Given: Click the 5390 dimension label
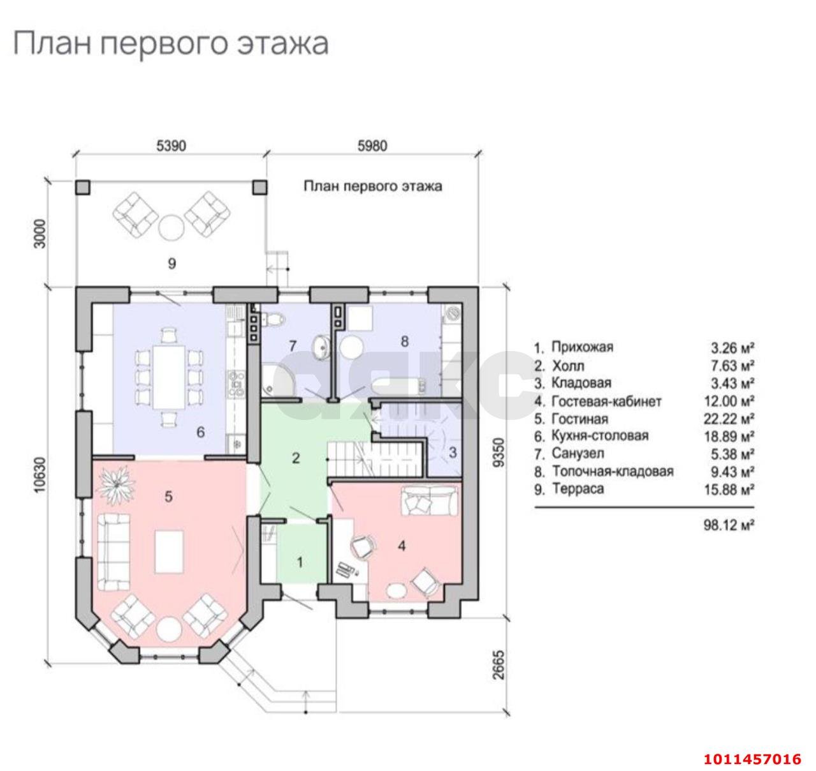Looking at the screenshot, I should click(x=171, y=146).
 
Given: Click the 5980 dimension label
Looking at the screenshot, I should click(x=372, y=146).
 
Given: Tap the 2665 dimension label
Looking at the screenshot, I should click(x=499, y=665).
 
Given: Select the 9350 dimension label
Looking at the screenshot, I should click(x=499, y=452).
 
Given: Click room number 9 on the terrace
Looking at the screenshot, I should click(x=171, y=263).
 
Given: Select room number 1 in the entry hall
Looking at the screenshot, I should click(x=300, y=562).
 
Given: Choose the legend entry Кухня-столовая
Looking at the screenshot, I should click(x=600, y=436).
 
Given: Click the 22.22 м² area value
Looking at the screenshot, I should click(x=732, y=419).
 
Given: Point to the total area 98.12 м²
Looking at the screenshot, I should click(x=727, y=525).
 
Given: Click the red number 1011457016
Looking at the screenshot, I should click(x=752, y=759).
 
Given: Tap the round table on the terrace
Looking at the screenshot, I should click(x=171, y=227).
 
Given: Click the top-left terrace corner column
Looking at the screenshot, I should click(x=84, y=186).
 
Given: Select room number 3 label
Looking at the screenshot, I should click(x=453, y=453).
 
